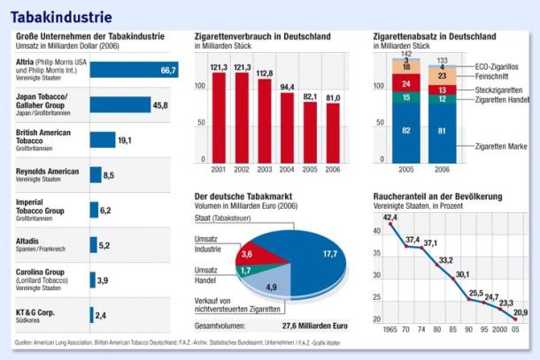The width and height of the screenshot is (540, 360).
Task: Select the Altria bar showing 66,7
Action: [133, 70]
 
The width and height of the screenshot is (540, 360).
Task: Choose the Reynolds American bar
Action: [95, 175]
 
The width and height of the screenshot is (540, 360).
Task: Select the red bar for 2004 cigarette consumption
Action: [287, 127]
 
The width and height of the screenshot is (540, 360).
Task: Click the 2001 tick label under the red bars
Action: [217, 169]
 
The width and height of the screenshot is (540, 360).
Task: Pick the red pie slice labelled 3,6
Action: [247, 254]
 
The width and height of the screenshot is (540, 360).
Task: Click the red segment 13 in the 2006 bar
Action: [442, 90]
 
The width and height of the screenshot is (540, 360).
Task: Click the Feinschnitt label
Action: [492, 78]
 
